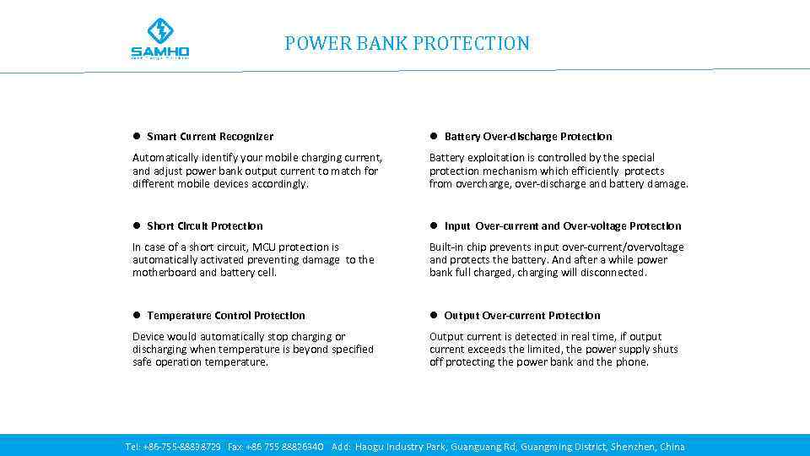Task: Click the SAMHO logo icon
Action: (x=159, y=32)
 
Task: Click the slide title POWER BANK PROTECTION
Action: (x=407, y=43)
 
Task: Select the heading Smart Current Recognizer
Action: (x=210, y=137)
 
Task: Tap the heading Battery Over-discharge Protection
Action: (x=528, y=137)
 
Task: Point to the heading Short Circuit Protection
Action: (x=205, y=226)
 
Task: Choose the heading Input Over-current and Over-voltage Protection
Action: (x=563, y=226)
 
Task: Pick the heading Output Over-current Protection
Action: (x=522, y=316)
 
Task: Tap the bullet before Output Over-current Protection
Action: (x=433, y=316)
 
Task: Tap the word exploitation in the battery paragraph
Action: (x=497, y=158)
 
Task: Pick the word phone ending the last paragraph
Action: (x=632, y=362)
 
